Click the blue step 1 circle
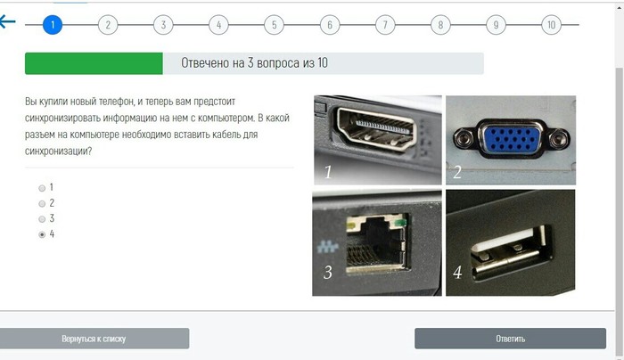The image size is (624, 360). [52, 25]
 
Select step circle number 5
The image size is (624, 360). [274, 25]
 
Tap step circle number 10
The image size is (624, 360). [551, 25]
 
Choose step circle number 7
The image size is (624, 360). [385, 25]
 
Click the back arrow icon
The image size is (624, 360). [7, 22]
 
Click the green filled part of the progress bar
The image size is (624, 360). [94, 63]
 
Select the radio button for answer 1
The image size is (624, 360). [42, 188]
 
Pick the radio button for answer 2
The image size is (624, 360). [42, 204]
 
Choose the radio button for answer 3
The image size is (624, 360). [42, 219]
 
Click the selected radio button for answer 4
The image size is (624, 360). [42, 234]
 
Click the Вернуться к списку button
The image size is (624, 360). [94, 339]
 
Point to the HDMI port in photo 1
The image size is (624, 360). [376, 128]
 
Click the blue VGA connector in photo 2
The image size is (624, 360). [512, 139]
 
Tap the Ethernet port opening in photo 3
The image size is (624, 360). [376, 246]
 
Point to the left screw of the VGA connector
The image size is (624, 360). [463, 139]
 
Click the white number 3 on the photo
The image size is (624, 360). [327, 273]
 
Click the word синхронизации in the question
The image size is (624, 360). [58, 151]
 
